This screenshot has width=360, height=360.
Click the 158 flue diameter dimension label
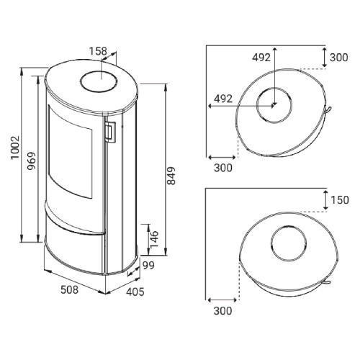(98, 51)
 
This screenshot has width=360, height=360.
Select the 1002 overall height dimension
(15, 148)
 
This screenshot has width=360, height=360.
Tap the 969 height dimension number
(31, 161)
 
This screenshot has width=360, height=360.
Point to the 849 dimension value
(171, 176)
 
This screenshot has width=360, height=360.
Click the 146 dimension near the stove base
(153, 239)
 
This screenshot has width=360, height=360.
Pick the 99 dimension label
(148, 266)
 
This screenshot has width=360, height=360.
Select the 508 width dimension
(69, 289)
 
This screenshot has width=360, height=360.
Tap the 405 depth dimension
(135, 292)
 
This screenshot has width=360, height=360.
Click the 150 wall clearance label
(340, 200)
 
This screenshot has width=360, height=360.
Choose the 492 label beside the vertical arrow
(261, 58)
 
